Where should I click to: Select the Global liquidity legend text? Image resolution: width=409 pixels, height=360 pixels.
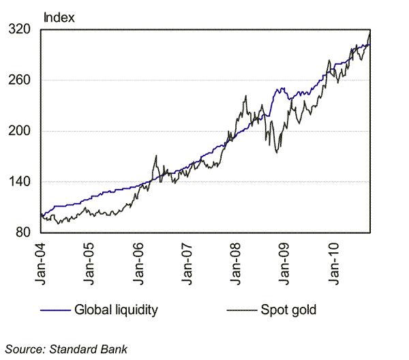[x=115, y=310]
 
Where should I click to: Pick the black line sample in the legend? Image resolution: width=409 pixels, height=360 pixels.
[x=241, y=310]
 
